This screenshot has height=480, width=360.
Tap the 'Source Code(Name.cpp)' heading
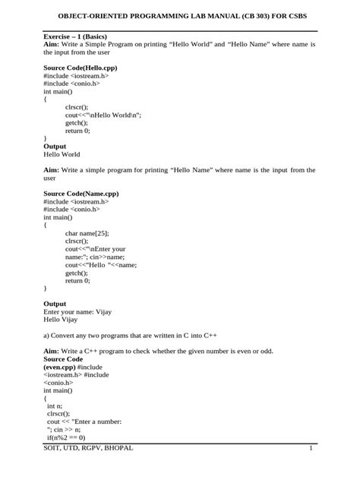tap(81, 194)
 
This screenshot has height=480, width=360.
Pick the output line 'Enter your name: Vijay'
tap(78, 311)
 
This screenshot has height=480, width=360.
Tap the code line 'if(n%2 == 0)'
tap(66, 437)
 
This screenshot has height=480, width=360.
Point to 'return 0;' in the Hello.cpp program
tap(77, 131)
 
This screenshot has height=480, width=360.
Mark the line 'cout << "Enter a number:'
tap(84, 422)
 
